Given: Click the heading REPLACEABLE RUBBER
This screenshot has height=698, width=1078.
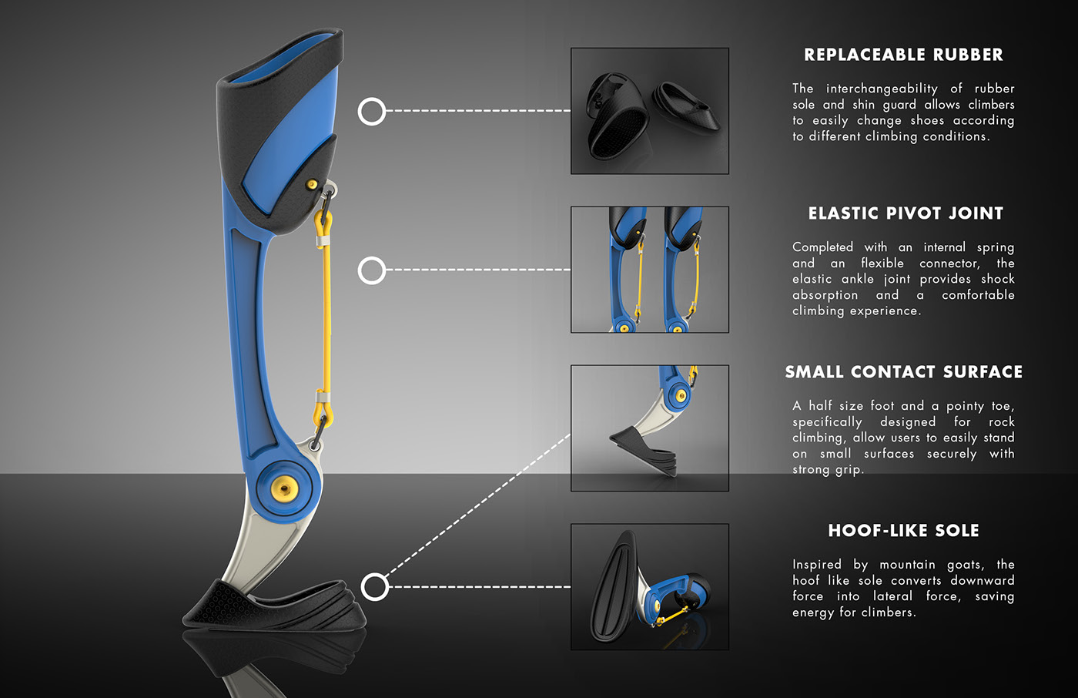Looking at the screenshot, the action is point(903,55).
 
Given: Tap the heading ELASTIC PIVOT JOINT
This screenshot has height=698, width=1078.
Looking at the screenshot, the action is point(906,213).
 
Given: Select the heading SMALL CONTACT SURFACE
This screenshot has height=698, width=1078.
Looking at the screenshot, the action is point(903,372).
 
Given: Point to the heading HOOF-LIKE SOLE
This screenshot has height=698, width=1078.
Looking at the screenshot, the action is point(903,531).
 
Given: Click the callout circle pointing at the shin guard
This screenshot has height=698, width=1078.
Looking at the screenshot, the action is point(372,112).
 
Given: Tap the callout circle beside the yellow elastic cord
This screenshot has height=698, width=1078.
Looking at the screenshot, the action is point(372,270).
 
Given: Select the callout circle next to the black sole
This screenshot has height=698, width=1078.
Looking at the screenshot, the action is point(375,587).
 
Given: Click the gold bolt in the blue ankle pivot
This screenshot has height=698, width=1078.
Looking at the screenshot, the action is point(286,487).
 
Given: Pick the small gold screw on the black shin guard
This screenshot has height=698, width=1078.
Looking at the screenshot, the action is point(312,183).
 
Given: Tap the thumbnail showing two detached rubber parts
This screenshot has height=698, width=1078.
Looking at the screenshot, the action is point(649,111).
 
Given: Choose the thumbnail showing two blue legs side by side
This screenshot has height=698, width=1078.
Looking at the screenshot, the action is point(649,270).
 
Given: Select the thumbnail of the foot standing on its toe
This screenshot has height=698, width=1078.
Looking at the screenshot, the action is point(649,428).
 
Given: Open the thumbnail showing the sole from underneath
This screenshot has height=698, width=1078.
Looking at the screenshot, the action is point(649,587).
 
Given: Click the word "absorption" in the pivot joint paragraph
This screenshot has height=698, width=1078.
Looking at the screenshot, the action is point(825,295).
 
